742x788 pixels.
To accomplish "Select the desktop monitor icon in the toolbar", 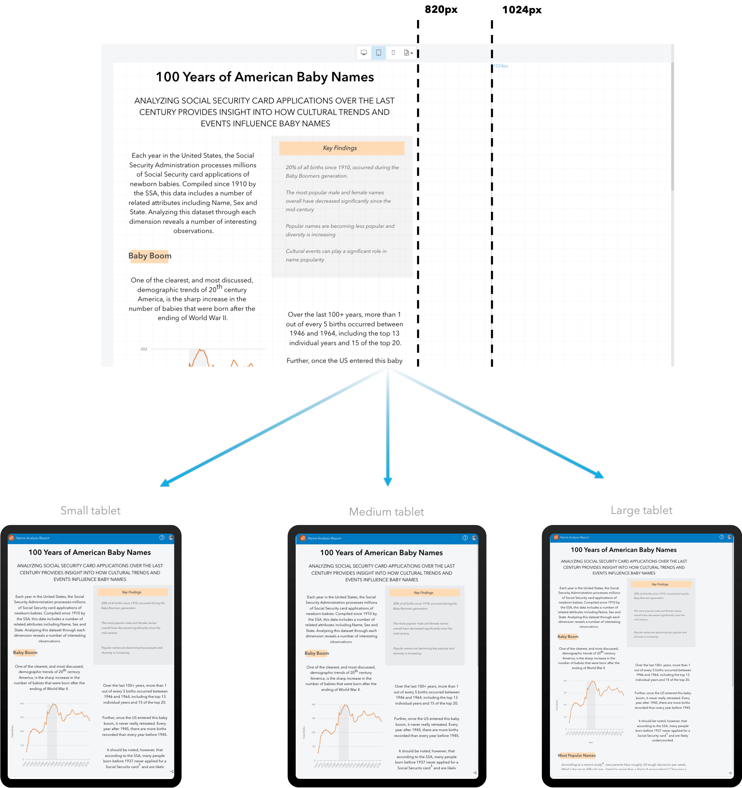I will tap(364, 53).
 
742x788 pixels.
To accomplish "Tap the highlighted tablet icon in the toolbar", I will tap(379, 53).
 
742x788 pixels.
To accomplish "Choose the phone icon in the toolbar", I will tap(393, 53).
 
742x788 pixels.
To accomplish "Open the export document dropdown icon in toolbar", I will tap(408, 53).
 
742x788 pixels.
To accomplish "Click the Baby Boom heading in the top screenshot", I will tap(150, 256).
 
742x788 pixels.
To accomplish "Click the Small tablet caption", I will tap(90, 510).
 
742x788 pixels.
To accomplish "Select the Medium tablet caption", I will tap(387, 512).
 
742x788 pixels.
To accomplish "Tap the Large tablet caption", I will tap(641, 510).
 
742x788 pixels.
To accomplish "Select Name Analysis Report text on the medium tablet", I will tap(324, 538).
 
